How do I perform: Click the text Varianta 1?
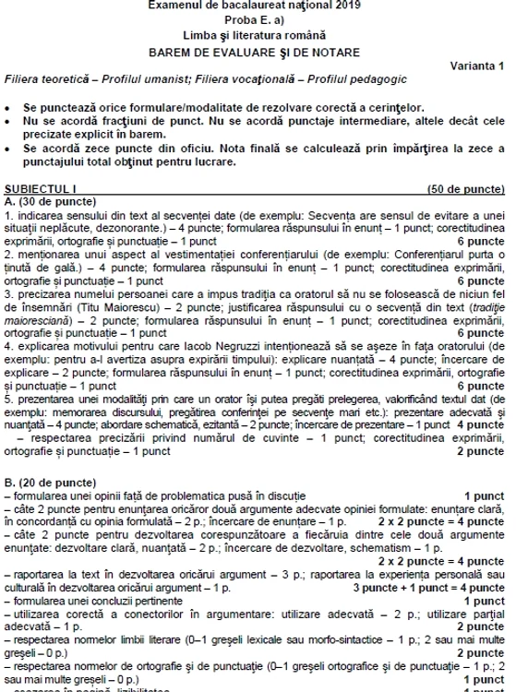click(x=477, y=64)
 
